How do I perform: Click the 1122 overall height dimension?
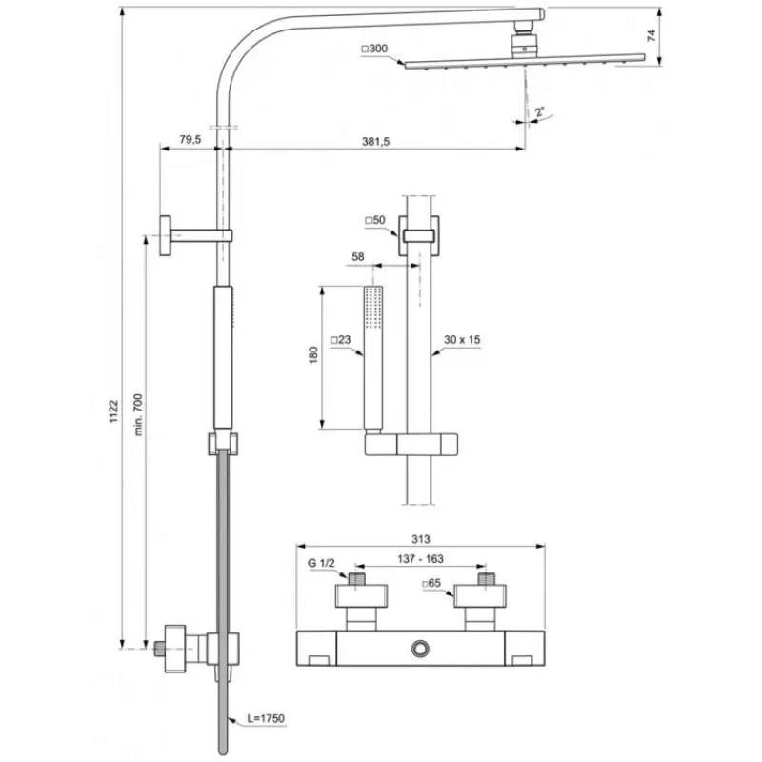coord(113,411)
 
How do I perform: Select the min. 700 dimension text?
coord(138,414)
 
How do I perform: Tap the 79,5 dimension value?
coord(190,139)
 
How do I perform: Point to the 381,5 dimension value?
coord(375,141)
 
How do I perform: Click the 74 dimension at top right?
coord(652,35)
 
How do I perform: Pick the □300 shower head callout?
coord(374,49)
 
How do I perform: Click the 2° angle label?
coord(539,112)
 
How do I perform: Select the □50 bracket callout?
coord(375,220)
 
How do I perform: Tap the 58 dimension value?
coord(358,256)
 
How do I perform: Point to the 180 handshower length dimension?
coord(313,354)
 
